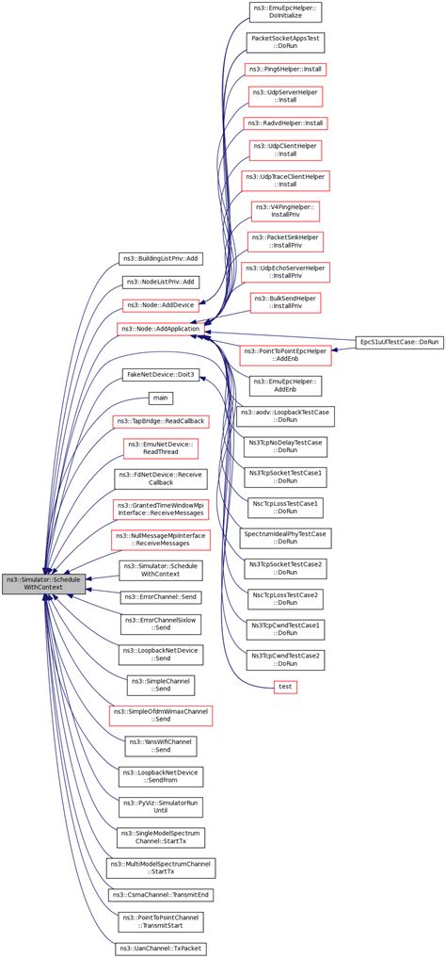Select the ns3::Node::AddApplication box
[157, 329]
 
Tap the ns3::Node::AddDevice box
[159, 305]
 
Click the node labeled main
[161, 398]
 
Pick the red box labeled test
[285, 687]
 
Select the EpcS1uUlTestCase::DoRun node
[400, 341]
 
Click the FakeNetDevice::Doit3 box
[159, 375]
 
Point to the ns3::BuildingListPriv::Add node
[159, 258]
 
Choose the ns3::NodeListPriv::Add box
[160, 282]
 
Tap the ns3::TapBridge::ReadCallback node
[159, 421]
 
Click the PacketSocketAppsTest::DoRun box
[285, 42]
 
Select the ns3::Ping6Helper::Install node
[285, 70]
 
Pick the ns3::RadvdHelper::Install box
[285, 123]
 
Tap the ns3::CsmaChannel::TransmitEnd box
[159, 894]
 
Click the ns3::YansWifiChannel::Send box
[160, 746]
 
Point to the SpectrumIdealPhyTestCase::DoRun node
[285, 538]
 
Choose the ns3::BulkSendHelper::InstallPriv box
[285, 301]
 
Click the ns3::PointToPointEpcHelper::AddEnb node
[285, 355]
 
